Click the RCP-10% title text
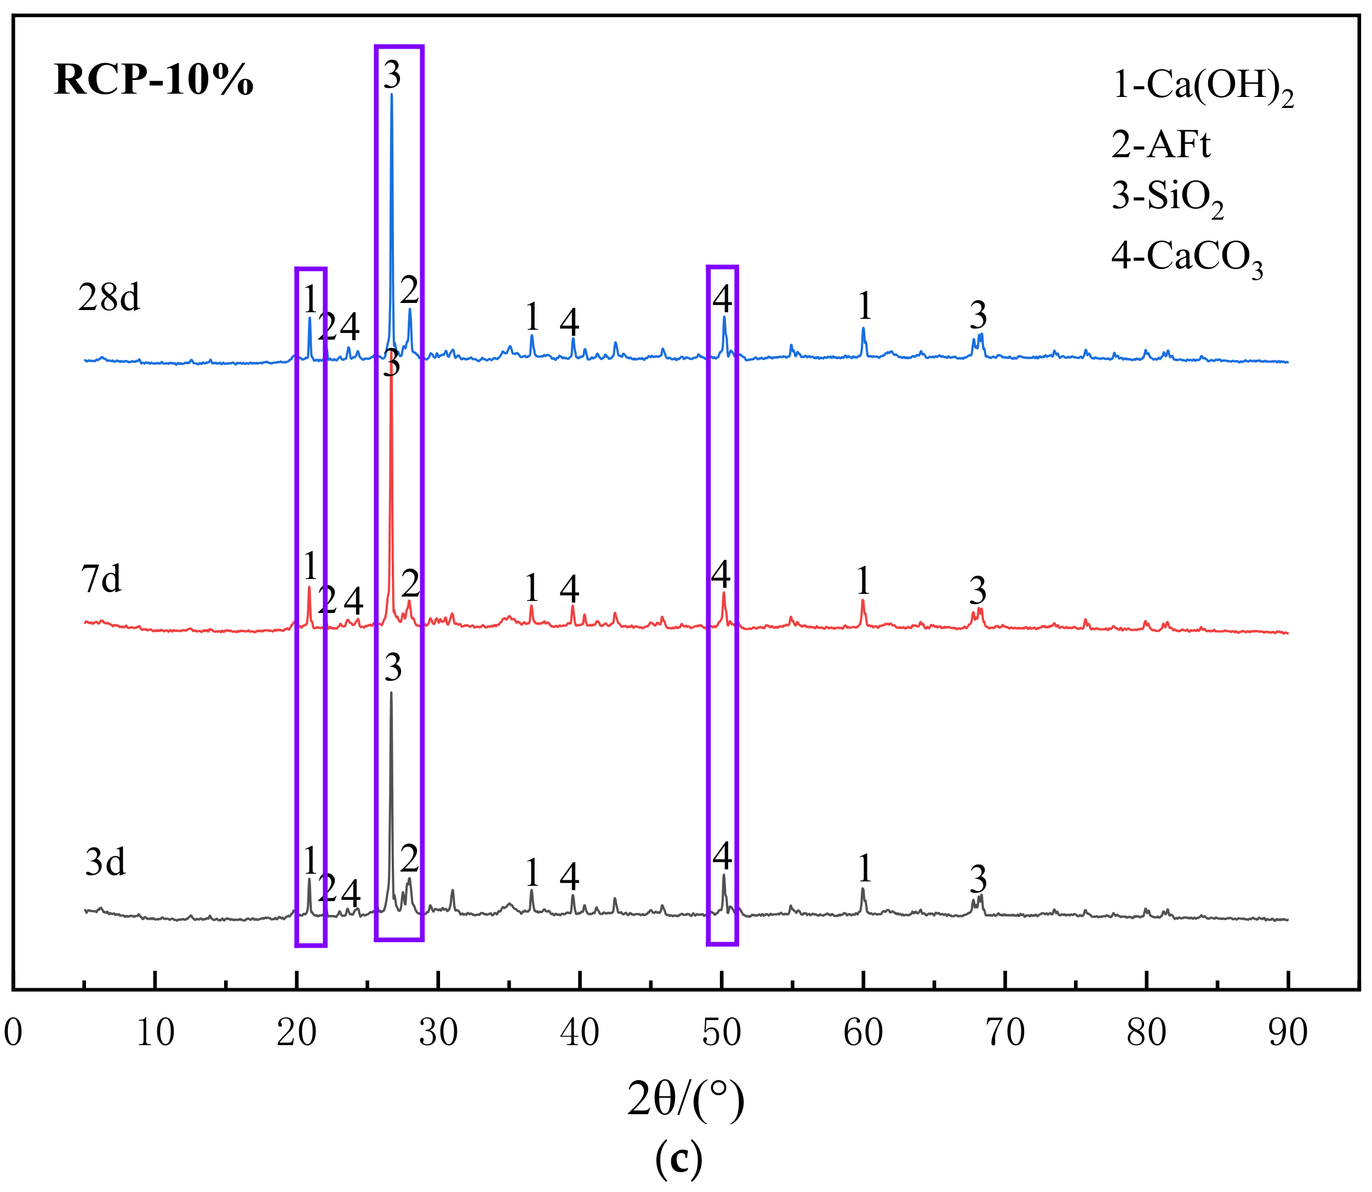click(x=154, y=81)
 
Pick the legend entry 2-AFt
click(x=1161, y=145)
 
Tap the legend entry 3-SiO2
click(x=1167, y=198)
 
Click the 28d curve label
click(x=109, y=297)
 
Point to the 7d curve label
click(x=102, y=578)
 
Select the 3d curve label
click(x=106, y=863)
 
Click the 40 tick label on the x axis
click(x=580, y=1033)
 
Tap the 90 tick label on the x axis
click(x=1288, y=1033)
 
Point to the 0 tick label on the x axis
click(x=13, y=1033)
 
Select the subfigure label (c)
click(x=679, y=1159)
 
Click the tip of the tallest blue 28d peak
click(x=391, y=94)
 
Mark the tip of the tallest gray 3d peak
click(x=391, y=693)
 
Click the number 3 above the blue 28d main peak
click(x=392, y=75)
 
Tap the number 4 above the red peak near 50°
click(x=721, y=574)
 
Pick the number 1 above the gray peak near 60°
click(x=864, y=868)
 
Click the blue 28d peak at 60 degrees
click(x=863, y=328)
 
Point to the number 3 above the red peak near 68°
click(x=977, y=590)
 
